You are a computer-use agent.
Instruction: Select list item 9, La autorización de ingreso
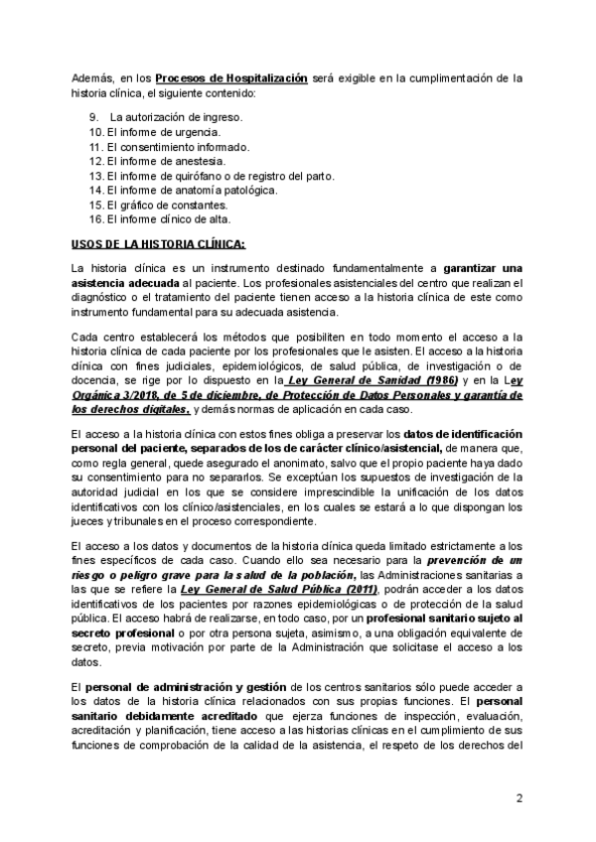pyautogui.click(x=169, y=116)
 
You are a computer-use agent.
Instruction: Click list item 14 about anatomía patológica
pyautogui.click(x=195, y=190)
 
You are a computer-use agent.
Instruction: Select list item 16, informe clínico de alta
pyautogui.click(x=165, y=219)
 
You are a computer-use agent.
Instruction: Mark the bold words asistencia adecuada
pyautogui.click(x=124, y=282)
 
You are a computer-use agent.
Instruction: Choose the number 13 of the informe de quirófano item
pyautogui.click(x=95, y=176)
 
